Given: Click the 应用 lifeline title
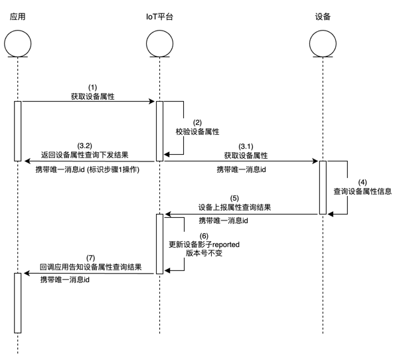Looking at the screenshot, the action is (x=17, y=17).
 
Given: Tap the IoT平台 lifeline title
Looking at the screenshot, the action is (x=159, y=17).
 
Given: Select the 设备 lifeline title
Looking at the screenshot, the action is (x=323, y=17).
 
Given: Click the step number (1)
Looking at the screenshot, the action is (x=92, y=88).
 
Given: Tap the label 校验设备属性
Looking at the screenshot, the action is (x=197, y=132).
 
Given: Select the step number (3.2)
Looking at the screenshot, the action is (x=84, y=145).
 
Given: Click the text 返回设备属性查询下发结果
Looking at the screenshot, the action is (x=84, y=155).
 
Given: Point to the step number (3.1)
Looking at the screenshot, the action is (x=246, y=146).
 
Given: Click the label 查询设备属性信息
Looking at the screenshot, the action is (x=362, y=191).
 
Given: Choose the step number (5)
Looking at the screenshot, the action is (x=234, y=198).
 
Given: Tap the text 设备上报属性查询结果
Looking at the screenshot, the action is (x=234, y=207).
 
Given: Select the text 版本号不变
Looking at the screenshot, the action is (x=204, y=253).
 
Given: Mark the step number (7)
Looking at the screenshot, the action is (x=91, y=258).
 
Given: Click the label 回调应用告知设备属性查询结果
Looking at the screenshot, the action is (x=91, y=267).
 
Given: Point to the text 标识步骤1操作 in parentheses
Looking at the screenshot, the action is (x=113, y=169).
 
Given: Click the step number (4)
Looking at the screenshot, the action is (x=362, y=183).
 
